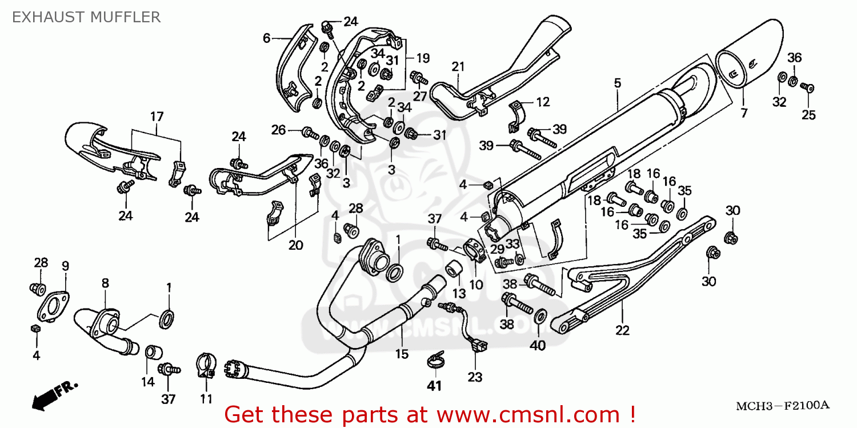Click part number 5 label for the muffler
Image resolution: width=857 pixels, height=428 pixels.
(x=617, y=83)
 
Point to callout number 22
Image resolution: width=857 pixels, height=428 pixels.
(x=622, y=330)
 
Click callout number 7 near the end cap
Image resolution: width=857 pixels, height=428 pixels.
(x=744, y=113)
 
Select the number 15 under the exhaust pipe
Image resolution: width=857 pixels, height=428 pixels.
(x=402, y=354)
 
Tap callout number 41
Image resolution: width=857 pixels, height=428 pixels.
(x=435, y=386)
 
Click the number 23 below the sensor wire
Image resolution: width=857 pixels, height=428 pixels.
(x=475, y=377)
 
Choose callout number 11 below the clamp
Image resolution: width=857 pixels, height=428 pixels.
(x=206, y=398)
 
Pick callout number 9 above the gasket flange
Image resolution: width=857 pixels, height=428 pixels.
(x=65, y=266)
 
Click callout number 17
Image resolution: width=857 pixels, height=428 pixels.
(x=157, y=117)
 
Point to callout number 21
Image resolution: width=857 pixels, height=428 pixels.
(x=458, y=67)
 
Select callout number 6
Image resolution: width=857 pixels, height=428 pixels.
(x=266, y=38)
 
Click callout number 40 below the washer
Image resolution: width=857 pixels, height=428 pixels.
(x=538, y=345)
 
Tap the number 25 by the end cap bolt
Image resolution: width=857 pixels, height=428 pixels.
(x=808, y=115)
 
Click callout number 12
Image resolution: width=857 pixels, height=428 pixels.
(x=542, y=102)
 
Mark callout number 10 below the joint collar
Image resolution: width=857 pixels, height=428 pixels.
(x=476, y=284)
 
